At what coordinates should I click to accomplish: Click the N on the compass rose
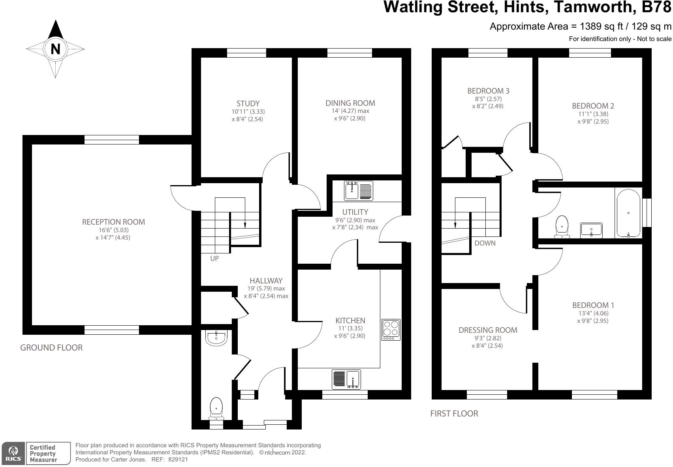click(x=55, y=49)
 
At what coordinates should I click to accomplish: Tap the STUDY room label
click(x=248, y=104)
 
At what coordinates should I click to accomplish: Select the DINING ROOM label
click(x=350, y=103)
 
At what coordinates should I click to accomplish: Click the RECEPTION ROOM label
click(x=113, y=222)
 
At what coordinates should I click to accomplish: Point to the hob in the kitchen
click(x=391, y=330)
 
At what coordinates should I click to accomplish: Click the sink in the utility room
click(x=358, y=191)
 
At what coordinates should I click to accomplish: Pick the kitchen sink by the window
click(x=346, y=379)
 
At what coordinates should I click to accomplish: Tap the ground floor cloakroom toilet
click(x=216, y=409)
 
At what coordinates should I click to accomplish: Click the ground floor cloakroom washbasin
click(x=216, y=338)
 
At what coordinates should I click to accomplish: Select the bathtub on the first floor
click(x=628, y=213)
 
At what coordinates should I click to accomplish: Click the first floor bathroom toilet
click(x=562, y=227)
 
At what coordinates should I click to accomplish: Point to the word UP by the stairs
click(x=214, y=259)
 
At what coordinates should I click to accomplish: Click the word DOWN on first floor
click(x=485, y=243)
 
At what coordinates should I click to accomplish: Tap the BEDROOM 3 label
click(x=488, y=91)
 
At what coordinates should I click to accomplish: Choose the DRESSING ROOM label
click(x=488, y=330)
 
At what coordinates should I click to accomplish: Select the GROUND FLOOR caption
click(x=51, y=348)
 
